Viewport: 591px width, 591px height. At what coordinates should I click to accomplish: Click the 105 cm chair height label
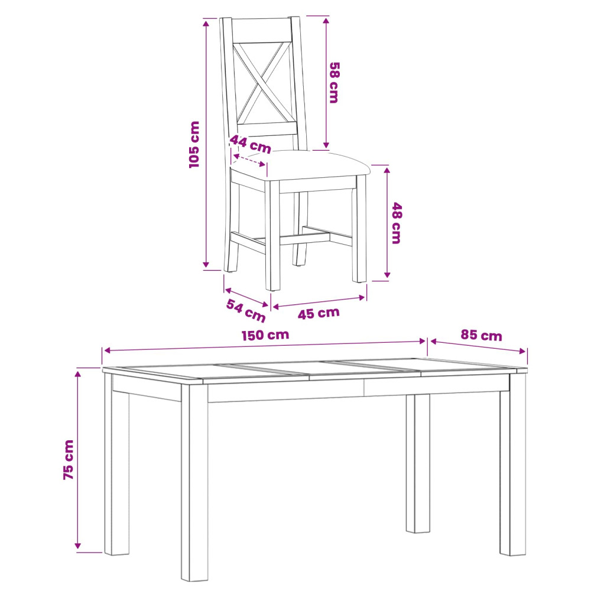click(194, 144)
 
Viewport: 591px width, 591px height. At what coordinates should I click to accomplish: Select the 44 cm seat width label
click(250, 144)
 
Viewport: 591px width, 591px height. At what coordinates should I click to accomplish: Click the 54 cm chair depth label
click(246, 310)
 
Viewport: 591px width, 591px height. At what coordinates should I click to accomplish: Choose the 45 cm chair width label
click(319, 313)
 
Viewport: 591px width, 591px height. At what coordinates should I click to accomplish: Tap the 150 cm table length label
click(265, 335)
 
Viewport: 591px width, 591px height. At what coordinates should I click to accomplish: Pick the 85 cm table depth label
click(481, 335)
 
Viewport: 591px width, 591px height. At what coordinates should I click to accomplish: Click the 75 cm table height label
click(69, 459)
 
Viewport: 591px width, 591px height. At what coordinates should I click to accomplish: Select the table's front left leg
click(194, 482)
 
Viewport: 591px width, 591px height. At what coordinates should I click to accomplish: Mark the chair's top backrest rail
click(261, 30)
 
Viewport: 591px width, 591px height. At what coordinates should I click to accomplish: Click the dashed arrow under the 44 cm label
click(249, 160)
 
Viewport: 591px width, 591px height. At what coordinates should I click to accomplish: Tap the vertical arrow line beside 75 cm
click(77, 460)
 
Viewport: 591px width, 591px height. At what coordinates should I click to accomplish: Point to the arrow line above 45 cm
click(319, 302)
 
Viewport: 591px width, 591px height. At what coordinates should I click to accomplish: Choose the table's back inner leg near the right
click(418, 463)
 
